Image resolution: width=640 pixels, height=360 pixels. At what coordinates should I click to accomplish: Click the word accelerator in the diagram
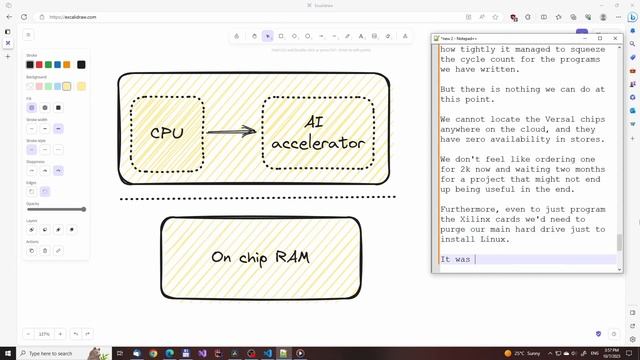(x=318, y=143)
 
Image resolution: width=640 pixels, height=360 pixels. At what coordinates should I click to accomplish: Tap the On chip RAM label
(x=260, y=257)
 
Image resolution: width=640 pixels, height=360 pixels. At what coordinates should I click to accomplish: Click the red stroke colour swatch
(x=39, y=65)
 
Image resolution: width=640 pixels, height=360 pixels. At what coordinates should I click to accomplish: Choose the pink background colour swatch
(x=39, y=86)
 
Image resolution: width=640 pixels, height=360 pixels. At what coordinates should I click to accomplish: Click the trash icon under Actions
(x=44, y=250)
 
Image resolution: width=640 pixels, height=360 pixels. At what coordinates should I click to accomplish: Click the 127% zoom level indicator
(x=44, y=333)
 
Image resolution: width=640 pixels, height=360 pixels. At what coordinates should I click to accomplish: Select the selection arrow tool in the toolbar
(x=267, y=36)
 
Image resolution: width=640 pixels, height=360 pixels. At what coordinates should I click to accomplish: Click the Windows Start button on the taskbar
(x=7, y=353)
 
